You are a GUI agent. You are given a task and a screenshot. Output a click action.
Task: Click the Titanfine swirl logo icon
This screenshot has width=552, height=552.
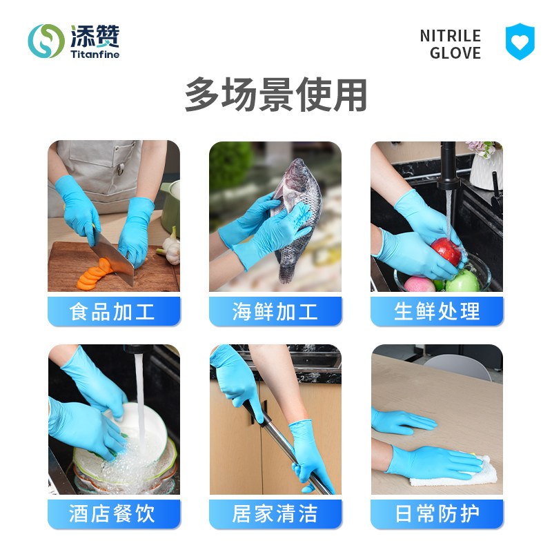46,41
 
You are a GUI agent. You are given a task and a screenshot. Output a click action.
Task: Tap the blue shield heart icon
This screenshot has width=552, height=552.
520,41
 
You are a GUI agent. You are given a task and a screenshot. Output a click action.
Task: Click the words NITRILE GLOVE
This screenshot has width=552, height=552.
450,44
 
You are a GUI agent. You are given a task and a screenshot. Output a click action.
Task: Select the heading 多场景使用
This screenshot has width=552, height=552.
275,95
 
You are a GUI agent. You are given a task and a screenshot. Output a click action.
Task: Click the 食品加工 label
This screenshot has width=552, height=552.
114,311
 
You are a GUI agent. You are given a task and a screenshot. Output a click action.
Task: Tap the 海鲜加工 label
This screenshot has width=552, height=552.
275,311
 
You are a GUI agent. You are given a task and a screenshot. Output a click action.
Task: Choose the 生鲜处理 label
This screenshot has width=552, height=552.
437,311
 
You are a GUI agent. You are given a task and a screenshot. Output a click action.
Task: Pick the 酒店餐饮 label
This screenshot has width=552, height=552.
114,514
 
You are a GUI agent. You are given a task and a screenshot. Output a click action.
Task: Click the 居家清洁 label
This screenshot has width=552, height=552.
275,514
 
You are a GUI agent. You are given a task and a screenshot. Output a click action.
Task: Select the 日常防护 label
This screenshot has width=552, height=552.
437,514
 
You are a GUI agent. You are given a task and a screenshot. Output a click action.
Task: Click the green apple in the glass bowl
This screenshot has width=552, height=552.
462,281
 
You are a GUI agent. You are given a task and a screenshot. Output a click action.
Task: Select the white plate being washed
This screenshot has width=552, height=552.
145,428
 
